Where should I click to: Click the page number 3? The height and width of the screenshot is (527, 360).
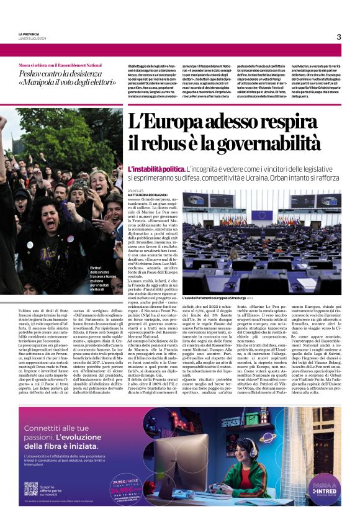coord(339,37)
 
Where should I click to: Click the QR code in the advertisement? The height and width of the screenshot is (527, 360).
coord(30,488)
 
